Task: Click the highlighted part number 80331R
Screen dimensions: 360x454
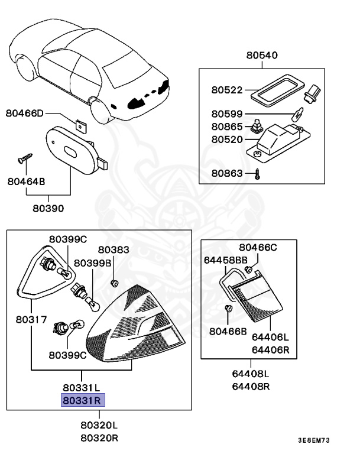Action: [x=83, y=401]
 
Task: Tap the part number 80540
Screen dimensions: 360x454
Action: [x=262, y=56]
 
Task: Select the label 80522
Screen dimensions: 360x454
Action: [x=226, y=90]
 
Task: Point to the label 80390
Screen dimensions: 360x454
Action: [x=48, y=208]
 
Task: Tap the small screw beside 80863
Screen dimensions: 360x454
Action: [x=258, y=174]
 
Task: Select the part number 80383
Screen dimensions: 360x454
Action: [x=113, y=250]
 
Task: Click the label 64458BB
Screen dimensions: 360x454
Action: [x=226, y=260]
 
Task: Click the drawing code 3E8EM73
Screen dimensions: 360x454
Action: [x=321, y=441]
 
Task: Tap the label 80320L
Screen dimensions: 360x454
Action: [x=99, y=425]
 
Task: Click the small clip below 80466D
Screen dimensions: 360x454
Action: [x=79, y=125]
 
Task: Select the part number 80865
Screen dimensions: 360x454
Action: [x=226, y=127]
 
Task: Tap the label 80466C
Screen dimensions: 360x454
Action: [x=258, y=247]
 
